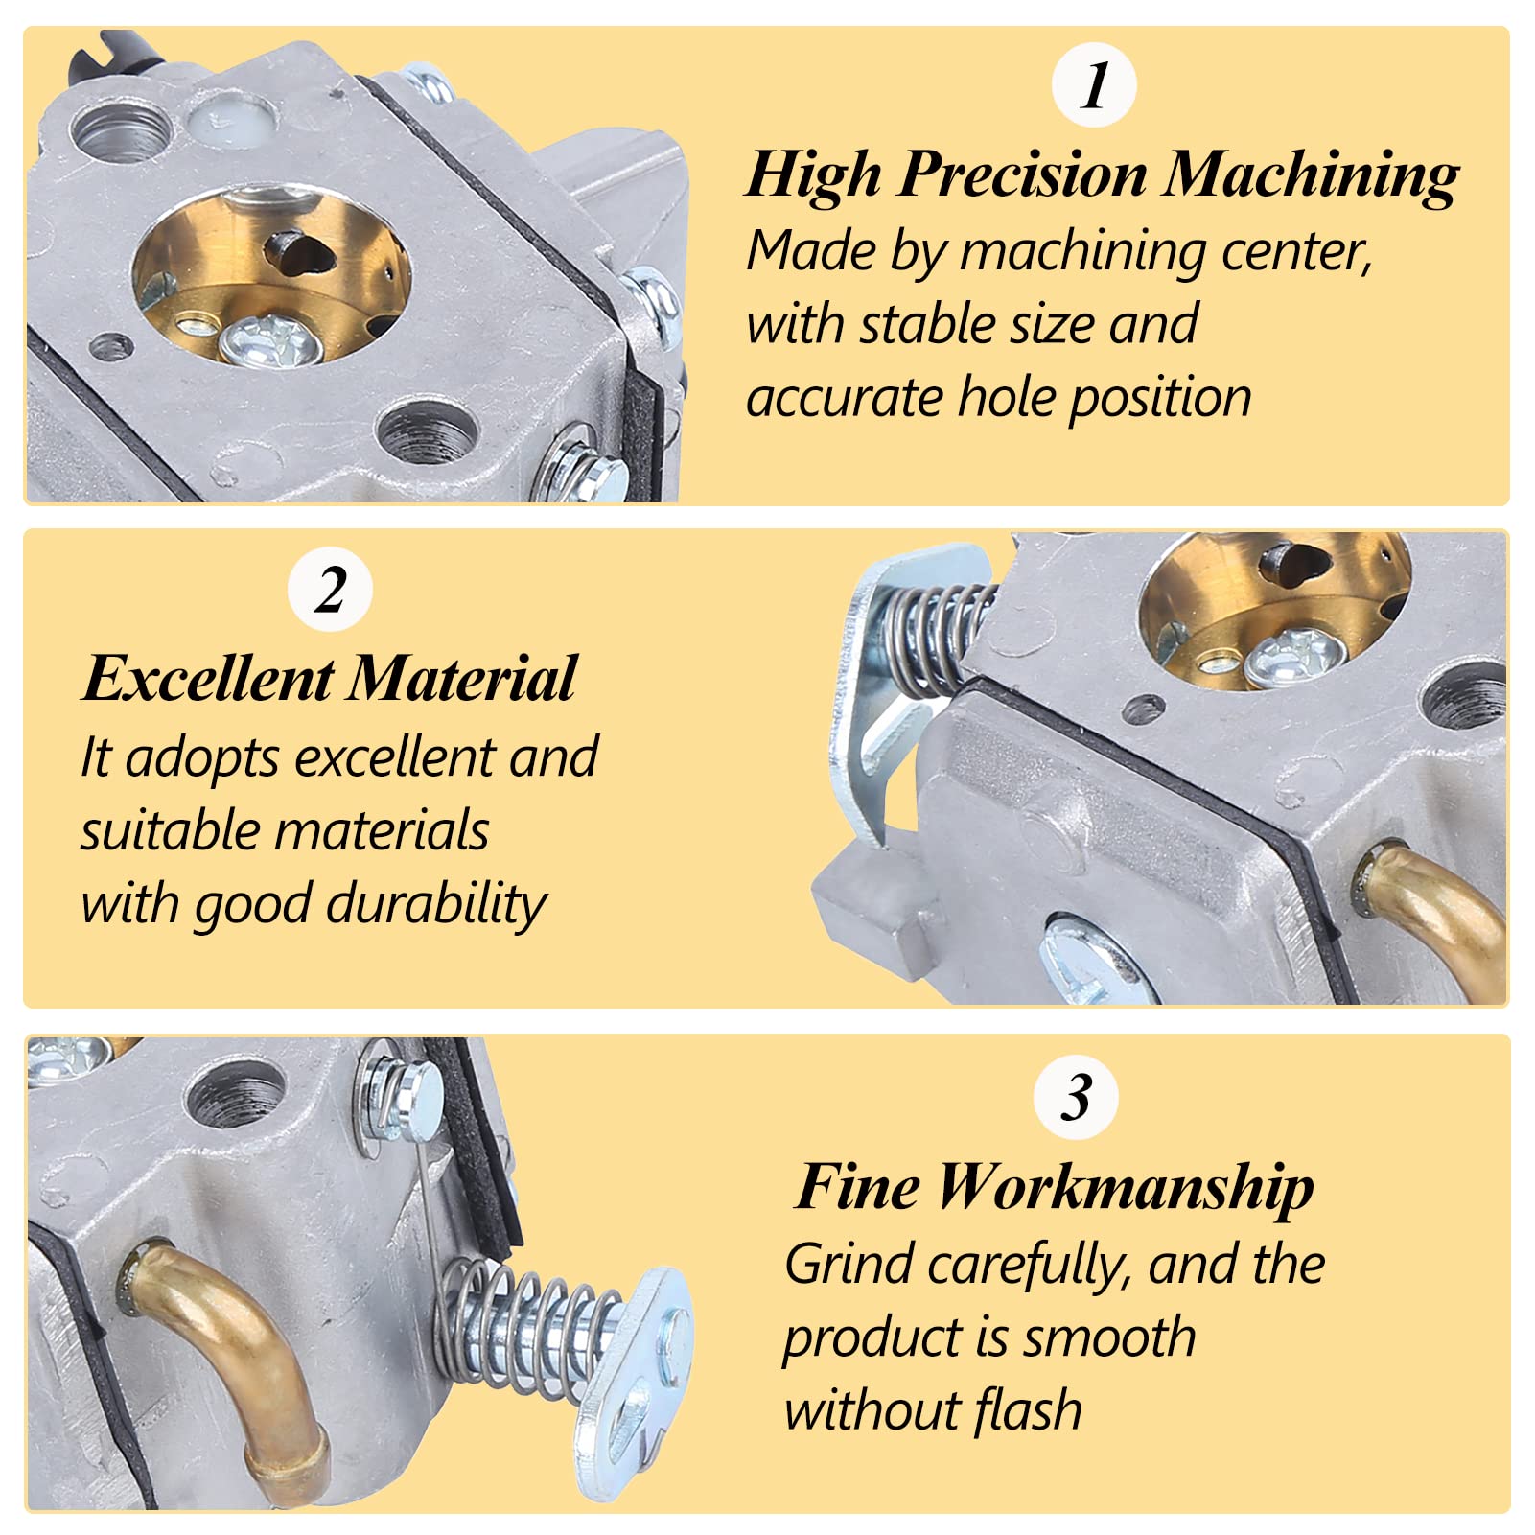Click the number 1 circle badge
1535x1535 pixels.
(1094, 85)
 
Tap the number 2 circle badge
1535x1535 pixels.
(330, 589)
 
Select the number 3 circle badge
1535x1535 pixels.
(1076, 1097)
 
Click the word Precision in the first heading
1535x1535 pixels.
(1023, 175)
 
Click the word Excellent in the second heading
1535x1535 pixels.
(207, 679)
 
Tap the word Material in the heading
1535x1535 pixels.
(462, 679)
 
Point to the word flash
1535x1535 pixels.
(1029, 1410)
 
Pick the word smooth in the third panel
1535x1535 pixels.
(1107, 1337)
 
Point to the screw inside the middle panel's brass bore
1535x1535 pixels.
(1295, 656)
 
